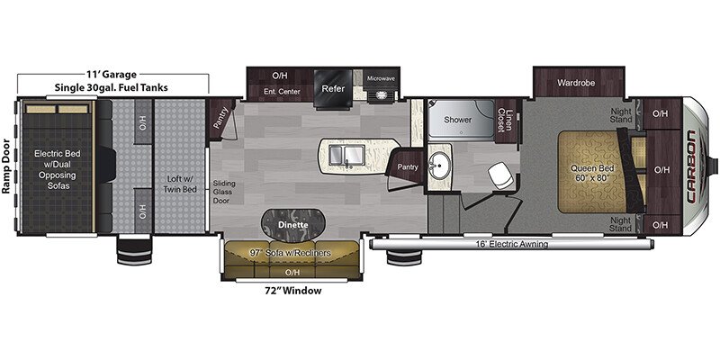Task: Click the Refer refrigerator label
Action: click(333, 88)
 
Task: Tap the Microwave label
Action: click(381, 79)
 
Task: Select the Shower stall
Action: click(461, 120)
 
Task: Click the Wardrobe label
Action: click(576, 83)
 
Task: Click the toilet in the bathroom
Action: click(500, 175)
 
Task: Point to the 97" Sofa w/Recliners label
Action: click(291, 254)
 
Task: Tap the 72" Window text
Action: click(292, 291)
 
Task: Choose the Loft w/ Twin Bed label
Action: click(181, 184)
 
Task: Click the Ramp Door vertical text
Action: click(6, 166)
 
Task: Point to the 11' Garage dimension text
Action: click(111, 75)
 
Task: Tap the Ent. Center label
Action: click(283, 92)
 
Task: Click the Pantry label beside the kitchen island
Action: click(408, 167)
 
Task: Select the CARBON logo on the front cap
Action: click(691, 166)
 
